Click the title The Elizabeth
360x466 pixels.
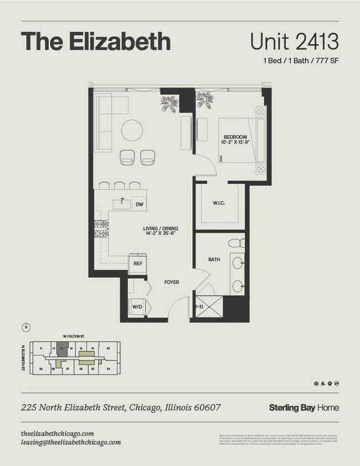(95, 42)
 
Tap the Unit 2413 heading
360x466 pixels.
(294, 42)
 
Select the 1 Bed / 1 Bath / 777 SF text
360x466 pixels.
(300, 61)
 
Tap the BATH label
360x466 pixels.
(214, 259)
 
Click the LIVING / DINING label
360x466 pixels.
(159, 231)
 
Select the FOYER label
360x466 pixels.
(171, 282)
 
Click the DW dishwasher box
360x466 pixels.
(139, 204)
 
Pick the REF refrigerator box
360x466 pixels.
(138, 264)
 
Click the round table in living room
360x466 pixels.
(132, 130)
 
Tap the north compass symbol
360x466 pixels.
(25, 327)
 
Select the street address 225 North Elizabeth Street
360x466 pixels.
(121, 408)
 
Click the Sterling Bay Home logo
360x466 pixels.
(304, 408)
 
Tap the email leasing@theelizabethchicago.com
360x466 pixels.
(70, 442)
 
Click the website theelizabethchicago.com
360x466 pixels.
(57, 433)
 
